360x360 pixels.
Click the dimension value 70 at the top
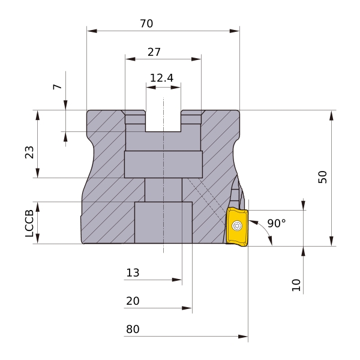pyautogui.click(x=146, y=23)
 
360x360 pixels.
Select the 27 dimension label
pyautogui.click(x=154, y=52)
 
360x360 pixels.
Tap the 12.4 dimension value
pyautogui.click(x=161, y=78)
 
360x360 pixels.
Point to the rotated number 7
pyautogui.click(x=57, y=86)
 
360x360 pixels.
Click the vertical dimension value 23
pyautogui.click(x=29, y=152)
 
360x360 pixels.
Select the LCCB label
pyautogui.click(x=29, y=223)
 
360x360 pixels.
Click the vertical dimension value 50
pyautogui.click(x=322, y=177)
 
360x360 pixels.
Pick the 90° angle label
pyautogui.click(x=277, y=223)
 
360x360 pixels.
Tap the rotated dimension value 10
pyautogui.click(x=296, y=285)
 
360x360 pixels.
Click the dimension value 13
pyautogui.click(x=133, y=273)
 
